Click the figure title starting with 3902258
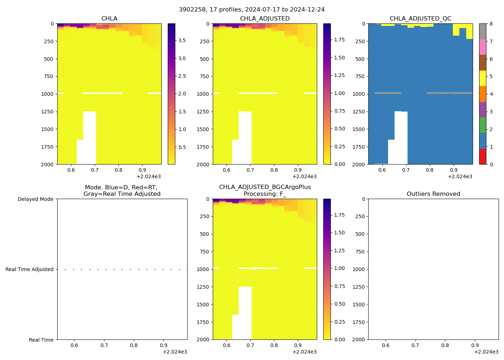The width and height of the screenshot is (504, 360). pyautogui.click(x=252, y=9)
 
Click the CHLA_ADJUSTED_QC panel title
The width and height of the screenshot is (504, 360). pyautogui.click(x=420, y=19)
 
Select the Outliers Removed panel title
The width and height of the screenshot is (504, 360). pyautogui.click(x=433, y=194)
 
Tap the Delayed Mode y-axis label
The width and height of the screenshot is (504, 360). pyautogui.click(x=35, y=199)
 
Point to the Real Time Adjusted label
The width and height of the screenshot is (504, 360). pyautogui.click(x=29, y=269)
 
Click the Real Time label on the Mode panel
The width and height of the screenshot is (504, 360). pyautogui.click(x=41, y=340)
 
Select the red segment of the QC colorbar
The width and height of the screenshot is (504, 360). pyautogui.click(x=482, y=157)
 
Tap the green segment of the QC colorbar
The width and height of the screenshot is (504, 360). pyautogui.click(x=482, y=125)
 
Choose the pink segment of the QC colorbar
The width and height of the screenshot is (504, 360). pyautogui.click(x=482, y=47)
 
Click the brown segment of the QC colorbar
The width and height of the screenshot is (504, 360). pyautogui.click(x=482, y=63)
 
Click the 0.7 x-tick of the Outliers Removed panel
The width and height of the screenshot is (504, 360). pyautogui.click(x=415, y=345)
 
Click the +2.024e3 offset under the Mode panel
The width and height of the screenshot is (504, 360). pyautogui.click(x=175, y=352)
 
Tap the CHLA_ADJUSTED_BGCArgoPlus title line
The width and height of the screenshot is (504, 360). pyautogui.click(x=265, y=187)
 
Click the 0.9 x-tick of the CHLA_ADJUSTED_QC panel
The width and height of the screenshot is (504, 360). pyautogui.click(x=454, y=170)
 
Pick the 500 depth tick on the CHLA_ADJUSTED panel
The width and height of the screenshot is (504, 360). pyautogui.click(x=204, y=59)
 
